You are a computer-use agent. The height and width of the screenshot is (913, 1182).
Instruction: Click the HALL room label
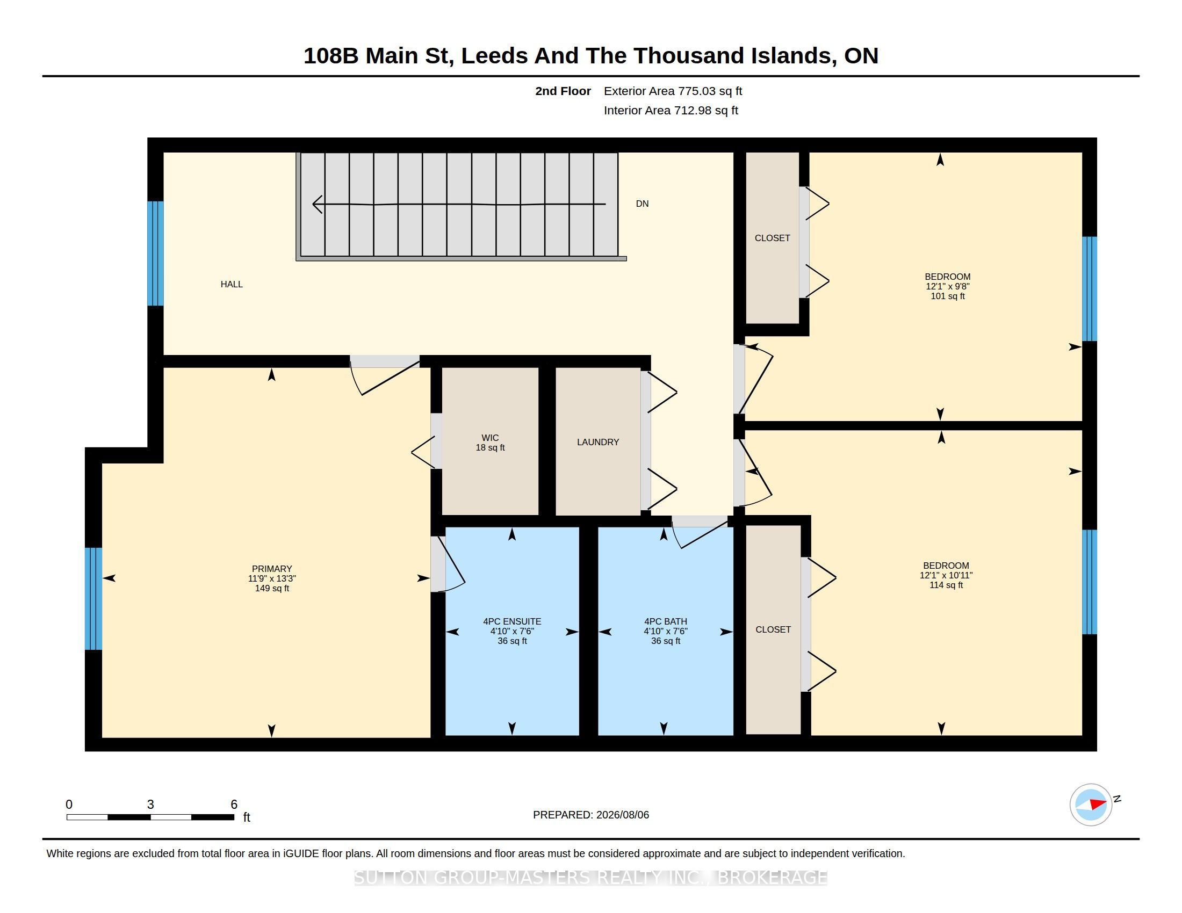click(232, 285)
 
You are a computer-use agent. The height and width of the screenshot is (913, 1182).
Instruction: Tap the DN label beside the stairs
click(642, 204)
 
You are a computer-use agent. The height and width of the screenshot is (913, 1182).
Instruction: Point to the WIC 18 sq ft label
click(491, 443)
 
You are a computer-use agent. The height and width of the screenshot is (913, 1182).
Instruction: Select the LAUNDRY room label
click(598, 443)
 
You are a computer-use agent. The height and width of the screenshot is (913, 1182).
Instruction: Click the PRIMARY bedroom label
click(272, 578)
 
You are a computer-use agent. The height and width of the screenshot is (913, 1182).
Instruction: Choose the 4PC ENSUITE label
click(513, 631)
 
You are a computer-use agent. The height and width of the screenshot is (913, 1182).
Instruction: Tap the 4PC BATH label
click(666, 631)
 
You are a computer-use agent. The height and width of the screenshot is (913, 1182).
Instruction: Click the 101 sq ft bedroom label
click(948, 286)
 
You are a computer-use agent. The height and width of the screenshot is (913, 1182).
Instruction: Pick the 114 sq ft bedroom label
click(947, 575)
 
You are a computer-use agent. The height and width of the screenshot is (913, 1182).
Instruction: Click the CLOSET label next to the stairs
click(772, 238)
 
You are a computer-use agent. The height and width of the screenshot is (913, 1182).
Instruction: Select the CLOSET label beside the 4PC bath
click(773, 629)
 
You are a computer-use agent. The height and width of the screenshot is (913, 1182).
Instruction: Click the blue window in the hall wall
click(156, 253)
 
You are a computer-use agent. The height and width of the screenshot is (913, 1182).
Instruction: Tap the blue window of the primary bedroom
click(93, 598)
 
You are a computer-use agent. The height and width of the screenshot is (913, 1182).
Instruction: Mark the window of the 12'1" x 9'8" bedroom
click(1090, 289)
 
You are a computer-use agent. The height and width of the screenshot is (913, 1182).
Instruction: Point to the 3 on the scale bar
click(150, 805)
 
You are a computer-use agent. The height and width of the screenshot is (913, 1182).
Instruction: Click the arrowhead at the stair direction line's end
click(318, 205)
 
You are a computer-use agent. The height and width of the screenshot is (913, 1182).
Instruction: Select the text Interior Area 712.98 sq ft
click(671, 110)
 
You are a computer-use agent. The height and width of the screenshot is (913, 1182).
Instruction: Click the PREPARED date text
click(591, 815)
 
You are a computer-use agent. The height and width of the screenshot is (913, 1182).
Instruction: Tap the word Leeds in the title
click(494, 56)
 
